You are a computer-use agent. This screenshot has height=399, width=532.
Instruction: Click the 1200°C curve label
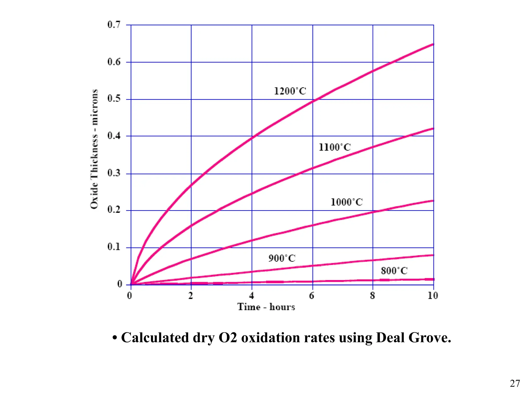coord(290,91)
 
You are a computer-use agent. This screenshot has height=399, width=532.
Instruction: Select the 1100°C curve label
coord(335,147)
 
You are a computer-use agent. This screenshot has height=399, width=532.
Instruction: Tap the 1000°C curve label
coord(347,202)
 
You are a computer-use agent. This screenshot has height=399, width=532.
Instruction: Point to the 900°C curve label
coord(282,258)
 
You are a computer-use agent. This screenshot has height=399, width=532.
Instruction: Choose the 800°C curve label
coord(394,271)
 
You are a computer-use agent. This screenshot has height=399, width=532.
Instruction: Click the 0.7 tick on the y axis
coord(114,25)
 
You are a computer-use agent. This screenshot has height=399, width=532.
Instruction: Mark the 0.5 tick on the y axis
coord(114,99)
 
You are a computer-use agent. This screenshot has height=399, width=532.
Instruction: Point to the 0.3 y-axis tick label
coord(114,173)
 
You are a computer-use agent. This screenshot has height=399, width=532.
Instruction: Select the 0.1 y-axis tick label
coord(114,247)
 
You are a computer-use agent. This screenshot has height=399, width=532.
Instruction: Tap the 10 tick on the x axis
coord(433,296)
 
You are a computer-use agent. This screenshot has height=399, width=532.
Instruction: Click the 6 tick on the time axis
coord(312,296)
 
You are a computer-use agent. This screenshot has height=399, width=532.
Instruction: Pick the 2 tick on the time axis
coord(191,296)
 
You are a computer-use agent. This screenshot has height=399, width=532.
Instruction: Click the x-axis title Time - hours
coord(266,307)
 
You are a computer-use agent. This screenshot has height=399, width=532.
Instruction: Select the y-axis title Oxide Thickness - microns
coord(94,149)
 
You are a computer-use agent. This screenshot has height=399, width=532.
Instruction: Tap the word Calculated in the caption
coord(155,338)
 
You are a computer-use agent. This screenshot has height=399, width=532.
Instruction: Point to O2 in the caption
coord(228,338)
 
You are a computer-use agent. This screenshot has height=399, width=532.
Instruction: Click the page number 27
coord(515,383)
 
